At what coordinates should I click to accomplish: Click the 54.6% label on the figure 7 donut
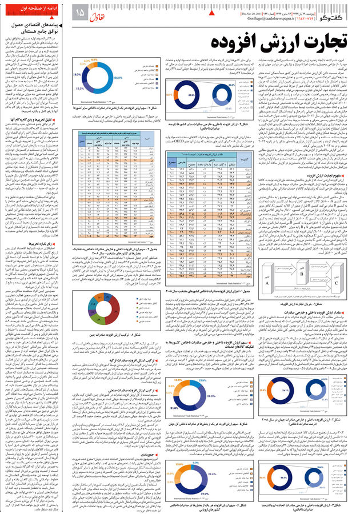[x=118, y=77]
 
